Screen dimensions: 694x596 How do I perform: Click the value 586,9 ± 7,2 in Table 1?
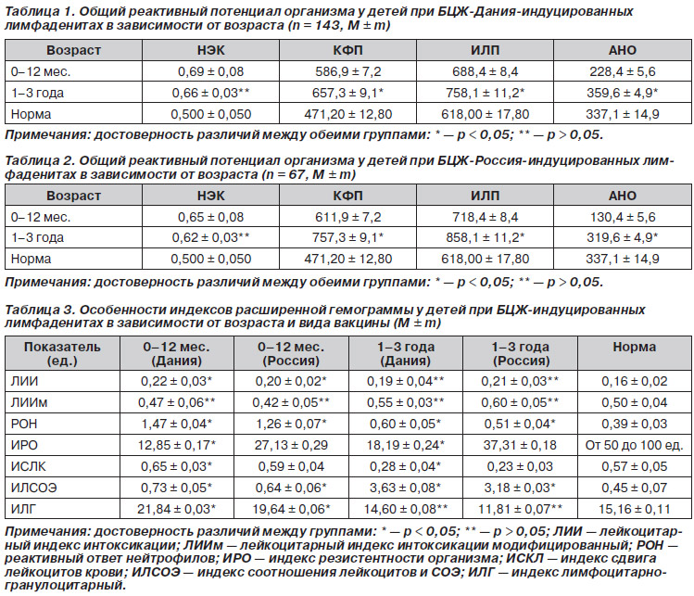[x=347, y=71]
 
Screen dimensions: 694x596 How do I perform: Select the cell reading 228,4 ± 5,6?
[x=623, y=71]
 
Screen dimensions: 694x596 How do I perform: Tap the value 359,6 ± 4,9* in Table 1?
[x=623, y=93]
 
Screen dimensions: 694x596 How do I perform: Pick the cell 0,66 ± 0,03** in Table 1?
[x=210, y=93]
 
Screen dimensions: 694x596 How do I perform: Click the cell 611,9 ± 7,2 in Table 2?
[x=347, y=217]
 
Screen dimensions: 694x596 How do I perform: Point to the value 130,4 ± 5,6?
[x=623, y=217]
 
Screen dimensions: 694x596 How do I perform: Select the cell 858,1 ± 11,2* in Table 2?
[x=486, y=238]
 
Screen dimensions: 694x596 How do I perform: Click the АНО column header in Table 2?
[x=623, y=196]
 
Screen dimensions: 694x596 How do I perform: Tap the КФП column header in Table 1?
[x=347, y=50]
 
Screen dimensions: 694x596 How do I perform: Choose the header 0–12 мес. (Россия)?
[x=291, y=353]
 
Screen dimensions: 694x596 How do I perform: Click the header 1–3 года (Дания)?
[x=406, y=353]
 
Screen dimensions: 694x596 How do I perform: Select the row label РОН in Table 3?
[x=24, y=424]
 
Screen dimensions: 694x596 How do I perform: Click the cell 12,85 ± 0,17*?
[x=177, y=445]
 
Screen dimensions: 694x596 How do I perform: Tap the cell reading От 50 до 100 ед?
[x=635, y=445]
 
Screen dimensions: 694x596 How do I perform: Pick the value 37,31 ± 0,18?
[x=520, y=445]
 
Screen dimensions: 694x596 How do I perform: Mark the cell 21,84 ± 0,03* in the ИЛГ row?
[x=177, y=509]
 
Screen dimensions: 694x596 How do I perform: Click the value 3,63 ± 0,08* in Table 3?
[x=406, y=488]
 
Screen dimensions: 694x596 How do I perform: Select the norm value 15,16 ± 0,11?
[x=635, y=509]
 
